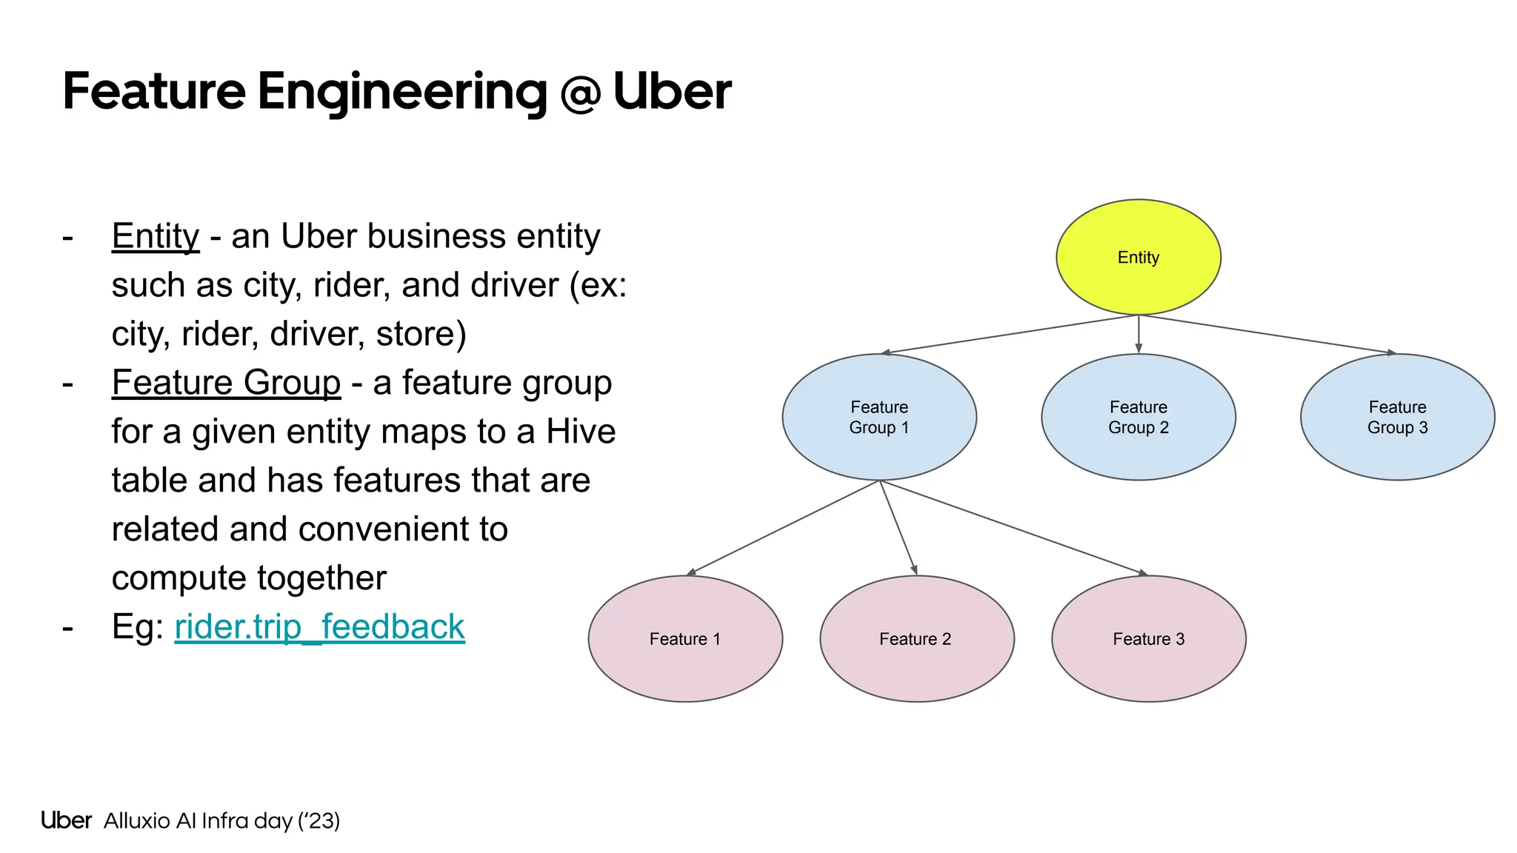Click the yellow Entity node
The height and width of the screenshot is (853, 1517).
(1138, 257)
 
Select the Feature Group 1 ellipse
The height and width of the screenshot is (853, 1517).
(879, 417)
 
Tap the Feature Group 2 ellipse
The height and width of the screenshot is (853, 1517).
(1138, 417)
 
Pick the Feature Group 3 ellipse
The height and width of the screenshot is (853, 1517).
(1397, 417)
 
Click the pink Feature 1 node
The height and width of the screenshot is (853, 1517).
(685, 638)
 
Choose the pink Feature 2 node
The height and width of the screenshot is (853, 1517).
(916, 638)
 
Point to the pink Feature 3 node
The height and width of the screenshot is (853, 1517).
(1148, 638)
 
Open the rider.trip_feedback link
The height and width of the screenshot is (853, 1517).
(319, 627)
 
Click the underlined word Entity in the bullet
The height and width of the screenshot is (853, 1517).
(156, 237)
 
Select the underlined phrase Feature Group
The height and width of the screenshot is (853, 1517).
(226, 384)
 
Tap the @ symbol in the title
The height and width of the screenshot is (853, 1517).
(580, 93)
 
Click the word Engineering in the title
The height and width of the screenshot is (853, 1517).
(401, 93)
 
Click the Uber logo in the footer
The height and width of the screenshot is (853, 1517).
(67, 820)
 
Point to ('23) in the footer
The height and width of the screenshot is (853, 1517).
(319, 820)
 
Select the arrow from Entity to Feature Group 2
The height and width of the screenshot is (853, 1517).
(1138, 334)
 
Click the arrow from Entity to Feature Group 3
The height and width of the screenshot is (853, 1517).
(1267, 334)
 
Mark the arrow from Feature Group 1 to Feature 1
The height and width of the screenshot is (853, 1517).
(783, 528)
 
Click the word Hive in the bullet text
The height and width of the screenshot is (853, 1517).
(581, 432)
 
